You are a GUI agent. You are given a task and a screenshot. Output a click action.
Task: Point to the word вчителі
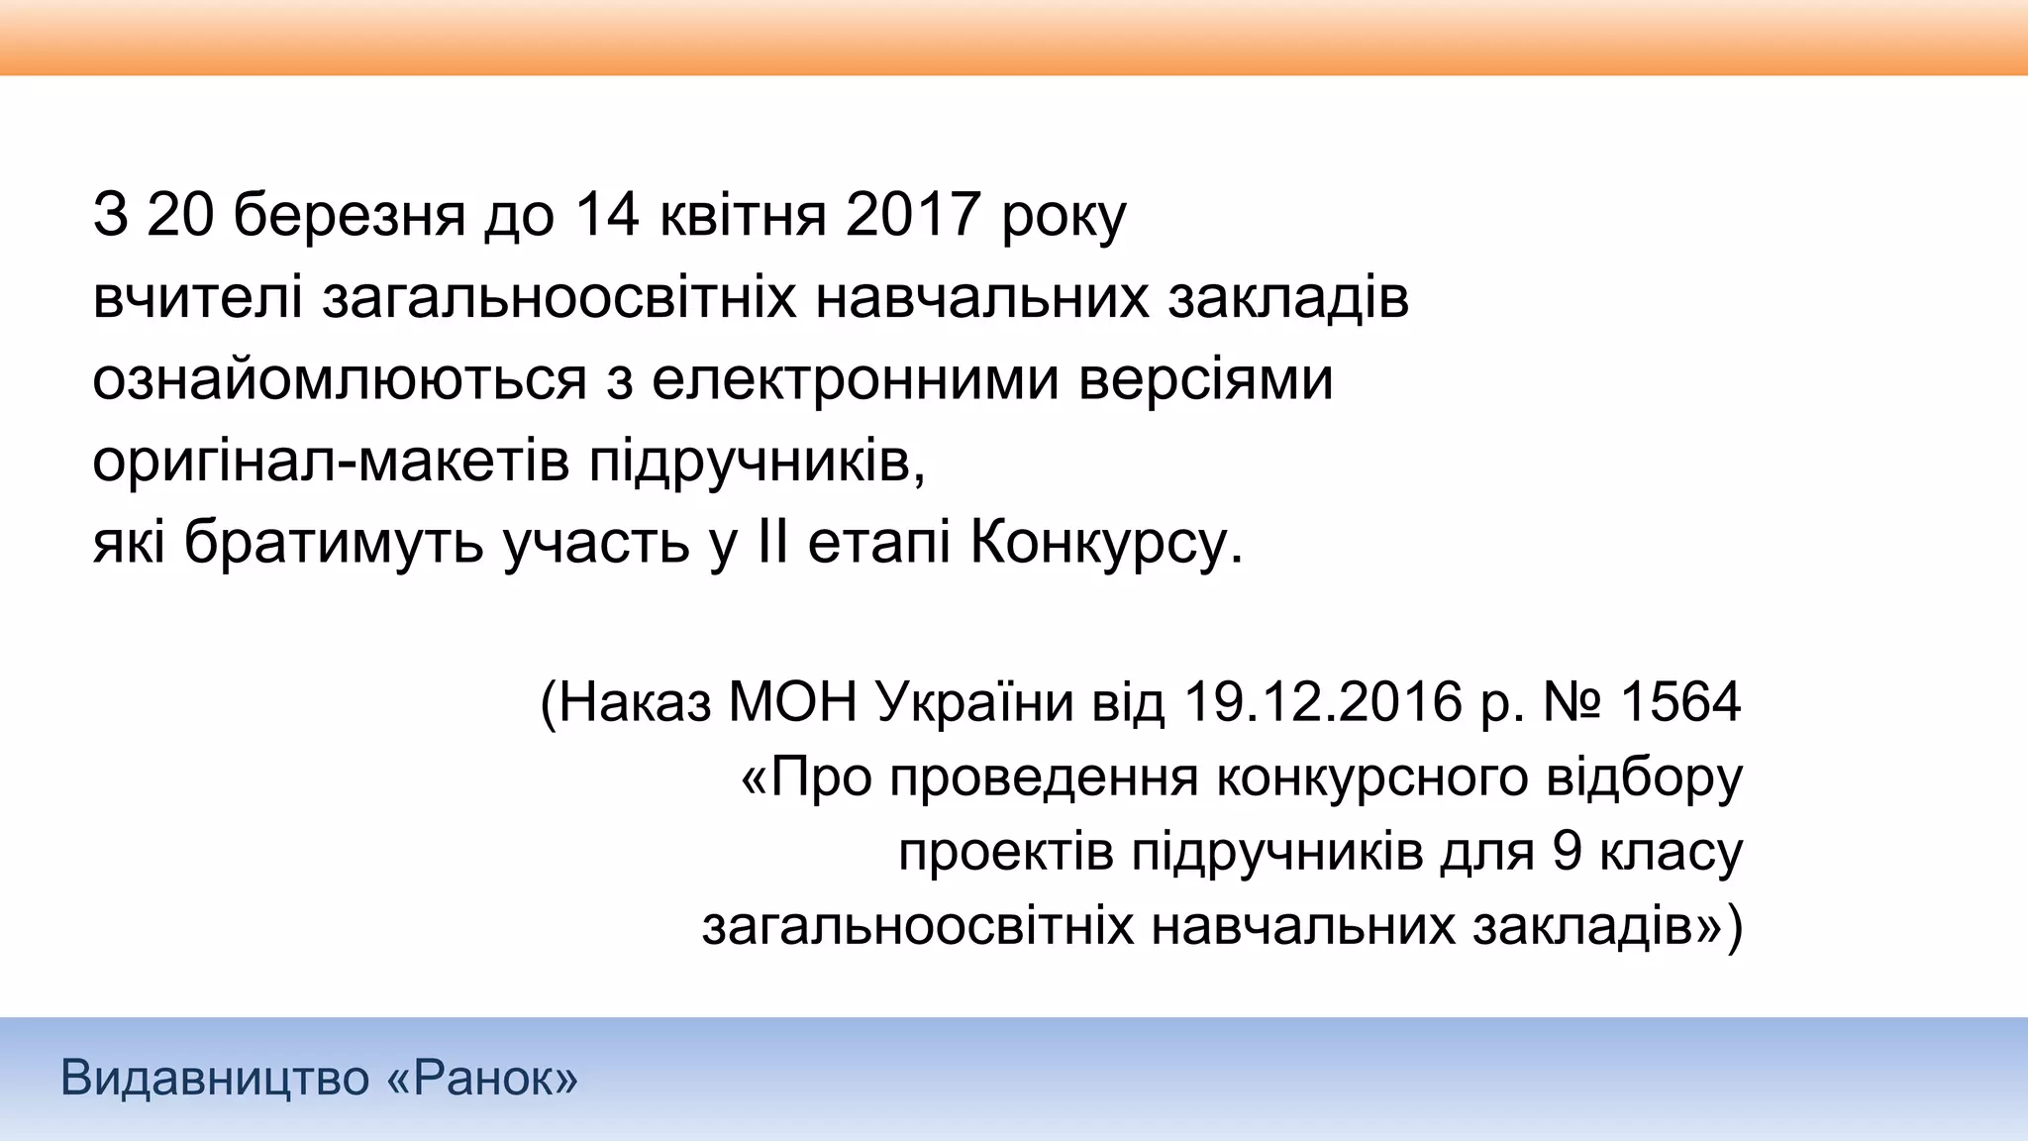coord(197,297)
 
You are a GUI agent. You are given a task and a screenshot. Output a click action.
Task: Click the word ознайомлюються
coord(340,379)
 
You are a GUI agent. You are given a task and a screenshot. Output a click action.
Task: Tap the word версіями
coord(1205,379)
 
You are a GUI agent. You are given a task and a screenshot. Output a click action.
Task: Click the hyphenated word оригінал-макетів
coord(331,462)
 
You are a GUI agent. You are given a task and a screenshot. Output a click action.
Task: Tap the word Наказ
coord(635,702)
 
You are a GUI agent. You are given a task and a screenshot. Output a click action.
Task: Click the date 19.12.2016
coord(1323,702)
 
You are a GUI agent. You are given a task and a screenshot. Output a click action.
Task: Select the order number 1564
coord(1679,702)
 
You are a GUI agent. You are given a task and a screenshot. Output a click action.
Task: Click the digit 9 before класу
coord(1568,852)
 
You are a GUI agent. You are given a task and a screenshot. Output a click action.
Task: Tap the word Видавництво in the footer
coord(215,1078)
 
